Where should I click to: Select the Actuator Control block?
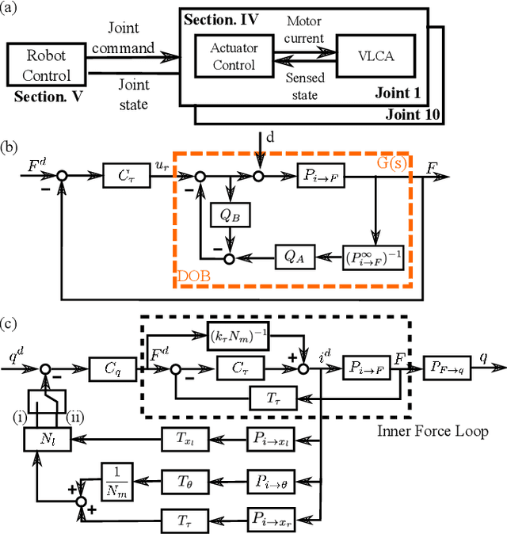pyautogui.click(x=234, y=56)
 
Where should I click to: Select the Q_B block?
pyautogui.click(x=229, y=215)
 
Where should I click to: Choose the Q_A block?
pyautogui.click(x=294, y=257)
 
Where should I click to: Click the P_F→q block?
pyautogui.click(x=450, y=368)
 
